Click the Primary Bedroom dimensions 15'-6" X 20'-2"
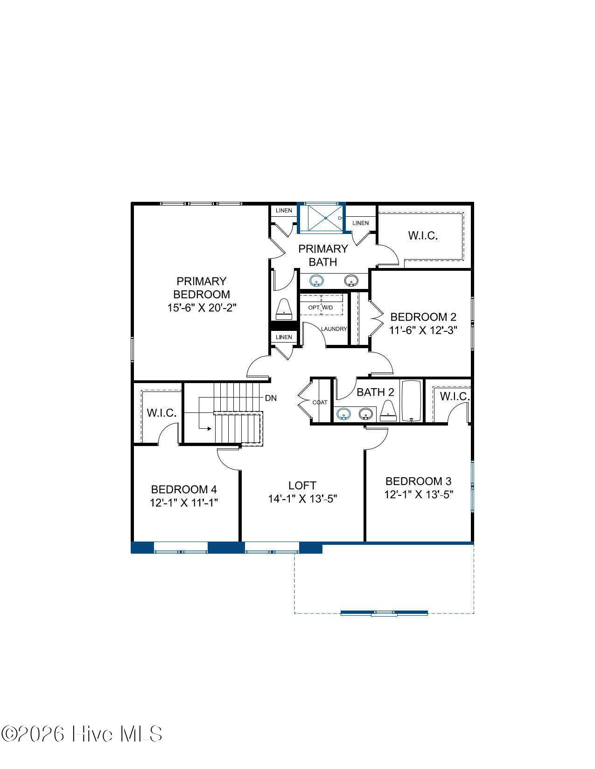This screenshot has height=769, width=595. [202, 308]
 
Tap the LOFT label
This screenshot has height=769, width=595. [302, 485]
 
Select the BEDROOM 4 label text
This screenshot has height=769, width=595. [183, 489]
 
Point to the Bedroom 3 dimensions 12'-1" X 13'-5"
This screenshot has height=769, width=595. [419, 494]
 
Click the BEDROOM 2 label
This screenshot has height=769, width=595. [423, 317]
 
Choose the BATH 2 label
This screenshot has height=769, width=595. [375, 392]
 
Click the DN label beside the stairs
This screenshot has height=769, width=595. [271, 398]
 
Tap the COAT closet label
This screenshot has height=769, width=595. [320, 402]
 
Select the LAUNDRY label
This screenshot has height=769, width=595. [334, 329]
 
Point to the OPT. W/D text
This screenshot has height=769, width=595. [320, 308]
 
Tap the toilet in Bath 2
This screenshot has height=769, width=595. [388, 411]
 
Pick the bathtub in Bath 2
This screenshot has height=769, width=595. [411, 401]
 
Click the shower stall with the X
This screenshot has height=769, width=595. [325, 218]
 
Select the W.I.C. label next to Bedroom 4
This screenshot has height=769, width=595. [161, 412]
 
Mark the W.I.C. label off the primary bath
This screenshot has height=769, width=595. [423, 235]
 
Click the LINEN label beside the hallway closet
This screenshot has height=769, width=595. [284, 337]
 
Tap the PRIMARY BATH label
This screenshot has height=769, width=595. [323, 255]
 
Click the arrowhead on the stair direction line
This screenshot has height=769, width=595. [209, 429]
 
